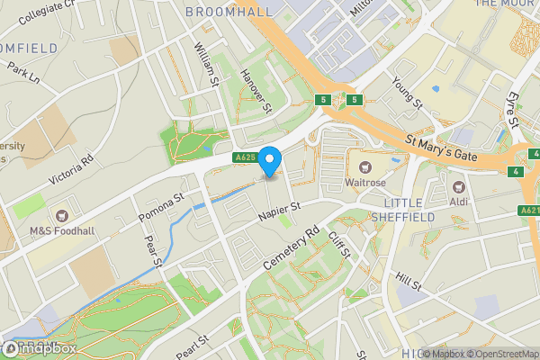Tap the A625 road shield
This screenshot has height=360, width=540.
pos(244,158)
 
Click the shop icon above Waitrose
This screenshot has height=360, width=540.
pos(366,166)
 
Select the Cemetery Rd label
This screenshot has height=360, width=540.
pos(292,250)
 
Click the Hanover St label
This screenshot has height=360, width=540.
pos(256,92)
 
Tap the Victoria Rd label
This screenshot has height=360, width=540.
pos(71,169)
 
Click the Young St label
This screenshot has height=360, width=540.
pos(407,93)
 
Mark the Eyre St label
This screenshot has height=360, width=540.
pos(515,109)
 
